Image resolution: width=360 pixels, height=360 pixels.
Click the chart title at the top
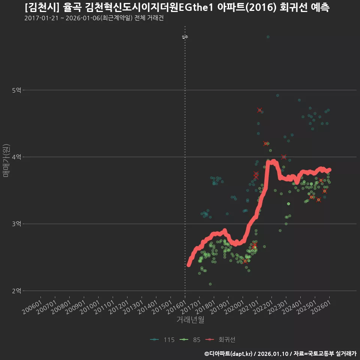tap(177, 7)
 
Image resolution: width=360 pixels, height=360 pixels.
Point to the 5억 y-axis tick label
tap(17, 90)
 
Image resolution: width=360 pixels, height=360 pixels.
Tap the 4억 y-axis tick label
tap(17, 157)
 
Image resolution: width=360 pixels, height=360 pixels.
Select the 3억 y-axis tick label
tap(17, 224)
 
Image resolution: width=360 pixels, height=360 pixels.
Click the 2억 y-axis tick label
tap(17, 291)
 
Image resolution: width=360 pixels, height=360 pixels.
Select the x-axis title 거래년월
tap(190, 319)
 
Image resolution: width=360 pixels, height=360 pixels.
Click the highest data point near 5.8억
tap(268, 37)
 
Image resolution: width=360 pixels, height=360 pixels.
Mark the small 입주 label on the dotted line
tap(185, 37)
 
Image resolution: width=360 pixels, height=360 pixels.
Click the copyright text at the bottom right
tap(280, 354)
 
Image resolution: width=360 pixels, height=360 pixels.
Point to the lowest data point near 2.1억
tap(210, 284)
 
